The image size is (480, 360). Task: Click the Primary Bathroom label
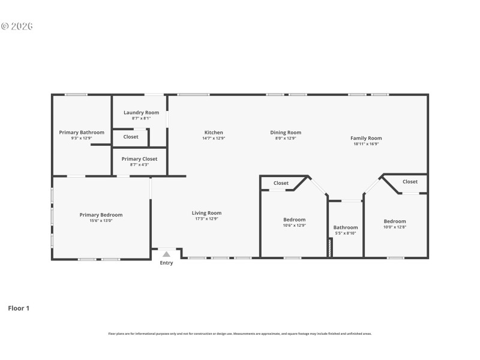coord(82,133)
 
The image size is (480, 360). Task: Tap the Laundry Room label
coord(141,113)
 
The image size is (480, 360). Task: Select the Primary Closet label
coord(139,159)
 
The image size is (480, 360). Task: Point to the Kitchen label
coord(214,133)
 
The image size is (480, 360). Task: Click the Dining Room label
coord(286,133)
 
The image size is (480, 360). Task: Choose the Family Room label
coord(366,138)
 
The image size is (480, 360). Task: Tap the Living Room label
coord(206,213)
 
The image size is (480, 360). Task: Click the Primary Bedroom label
coord(101,215)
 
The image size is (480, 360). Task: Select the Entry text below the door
coord(166,263)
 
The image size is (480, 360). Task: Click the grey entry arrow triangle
coord(166,254)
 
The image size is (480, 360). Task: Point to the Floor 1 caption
coord(18,308)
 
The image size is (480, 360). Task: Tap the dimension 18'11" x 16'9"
coord(366,144)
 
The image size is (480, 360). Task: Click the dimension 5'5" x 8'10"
coord(346,233)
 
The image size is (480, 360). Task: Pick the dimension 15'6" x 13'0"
coord(101,220)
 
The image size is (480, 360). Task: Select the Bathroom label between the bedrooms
coord(346,227)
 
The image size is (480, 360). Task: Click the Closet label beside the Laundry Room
coord(131,137)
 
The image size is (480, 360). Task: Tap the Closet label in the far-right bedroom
coord(410,182)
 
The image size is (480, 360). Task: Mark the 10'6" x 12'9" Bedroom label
coord(294,220)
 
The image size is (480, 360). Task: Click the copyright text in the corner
coord(16,26)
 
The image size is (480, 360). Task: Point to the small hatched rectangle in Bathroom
coord(329,248)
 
